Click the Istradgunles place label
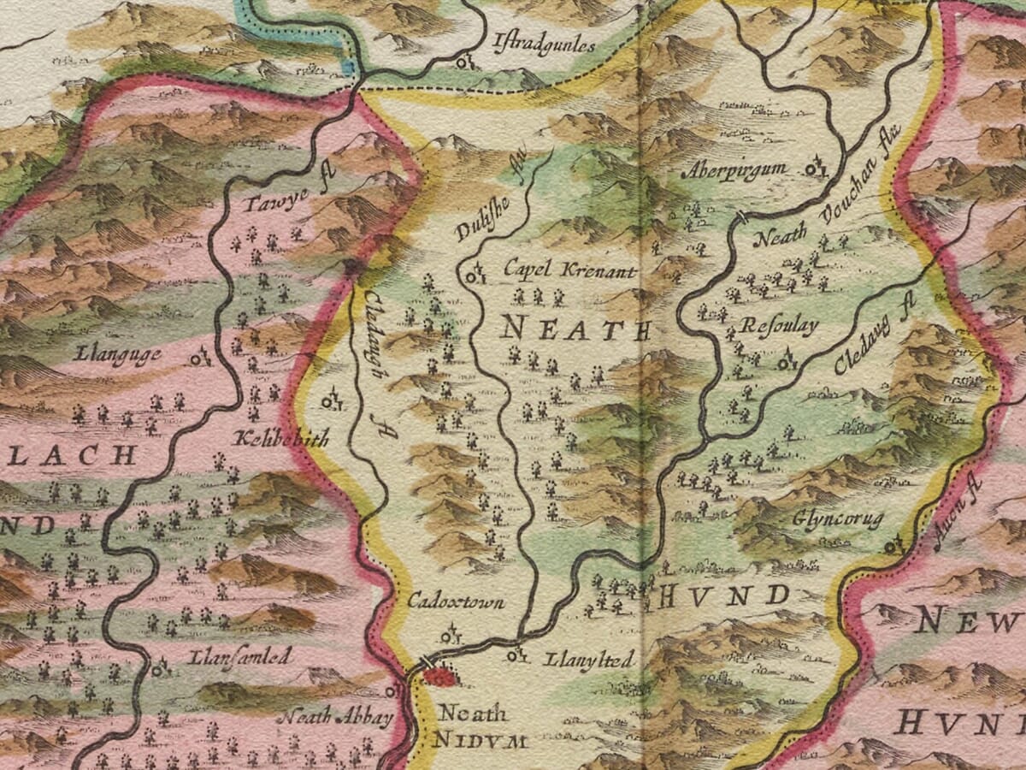tap(544, 44)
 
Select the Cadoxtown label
tap(456, 602)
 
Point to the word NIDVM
tap(480, 741)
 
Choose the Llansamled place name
tap(241, 656)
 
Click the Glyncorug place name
tap(837, 519)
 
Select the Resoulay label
tap(779, 326)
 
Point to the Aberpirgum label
tap(734, 170)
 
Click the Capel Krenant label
tap(569, 271)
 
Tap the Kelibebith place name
tap(280, 441)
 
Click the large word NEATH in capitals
tap(575, 329)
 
